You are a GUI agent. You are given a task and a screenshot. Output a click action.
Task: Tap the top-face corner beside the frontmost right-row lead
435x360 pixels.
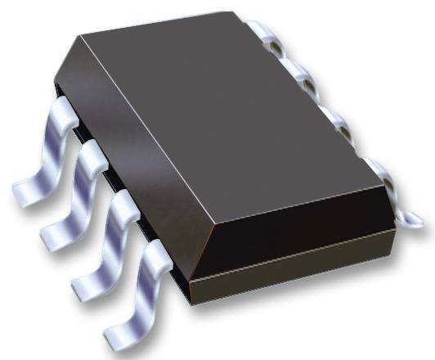click(385, 185)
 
